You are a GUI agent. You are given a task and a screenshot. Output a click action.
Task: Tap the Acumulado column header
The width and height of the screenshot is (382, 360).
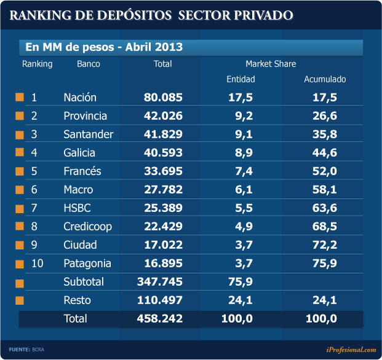point(325,79)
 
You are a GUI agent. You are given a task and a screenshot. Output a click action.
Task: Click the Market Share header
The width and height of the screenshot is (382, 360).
point(271,64)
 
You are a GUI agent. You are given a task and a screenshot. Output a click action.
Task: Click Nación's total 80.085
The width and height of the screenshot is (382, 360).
point(164,97)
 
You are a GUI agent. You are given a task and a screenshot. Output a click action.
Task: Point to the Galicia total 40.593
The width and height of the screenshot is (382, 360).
point(164,153)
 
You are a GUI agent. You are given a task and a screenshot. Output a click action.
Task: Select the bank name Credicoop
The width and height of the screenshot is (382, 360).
point(87,227)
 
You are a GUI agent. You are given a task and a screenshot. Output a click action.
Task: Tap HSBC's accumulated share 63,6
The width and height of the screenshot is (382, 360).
point(324,208)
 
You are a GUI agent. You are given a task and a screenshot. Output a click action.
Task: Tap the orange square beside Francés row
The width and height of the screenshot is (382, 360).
point(20,171)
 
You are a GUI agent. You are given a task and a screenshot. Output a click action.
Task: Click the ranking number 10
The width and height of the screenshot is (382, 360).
point(38,264)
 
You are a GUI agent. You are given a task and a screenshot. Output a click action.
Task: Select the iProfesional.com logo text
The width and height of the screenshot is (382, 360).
point(351,350)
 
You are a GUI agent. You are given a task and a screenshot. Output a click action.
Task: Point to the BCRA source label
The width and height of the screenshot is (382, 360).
point(39,350)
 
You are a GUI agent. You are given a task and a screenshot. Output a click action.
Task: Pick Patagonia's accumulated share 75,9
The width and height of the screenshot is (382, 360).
point(324,264)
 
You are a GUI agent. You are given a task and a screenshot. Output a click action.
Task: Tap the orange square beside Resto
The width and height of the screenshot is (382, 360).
point(20,300)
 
